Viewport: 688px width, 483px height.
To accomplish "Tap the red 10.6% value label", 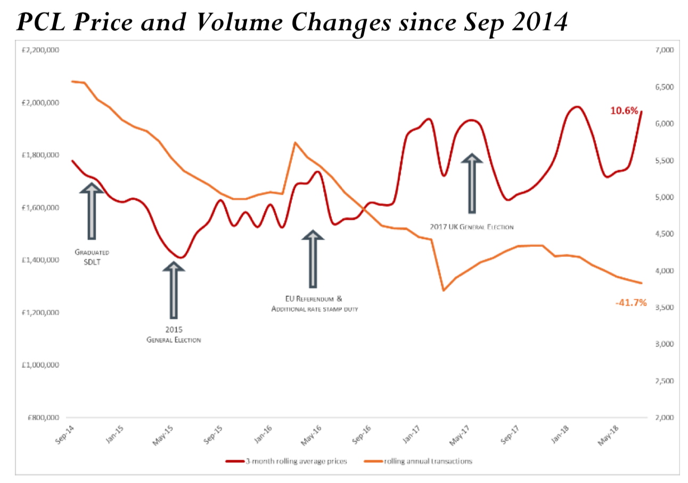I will point(624,111).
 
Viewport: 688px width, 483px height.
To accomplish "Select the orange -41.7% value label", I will point(630,303).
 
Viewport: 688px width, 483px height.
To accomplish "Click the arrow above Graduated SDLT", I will point(92,211).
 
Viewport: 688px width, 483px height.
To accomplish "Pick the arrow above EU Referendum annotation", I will point(313,259).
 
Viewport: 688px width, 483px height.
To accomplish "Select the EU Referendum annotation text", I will point(313,304).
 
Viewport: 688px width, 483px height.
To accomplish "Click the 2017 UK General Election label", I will point(472,227).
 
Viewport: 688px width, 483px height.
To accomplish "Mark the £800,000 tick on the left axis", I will point(42,417).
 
